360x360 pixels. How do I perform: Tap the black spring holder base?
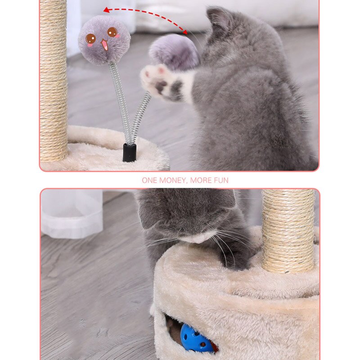[130, 153]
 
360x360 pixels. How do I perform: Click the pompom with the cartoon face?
[104, 40]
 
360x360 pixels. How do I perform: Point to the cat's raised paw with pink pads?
[156, 78]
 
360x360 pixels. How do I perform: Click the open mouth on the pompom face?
[104, 45]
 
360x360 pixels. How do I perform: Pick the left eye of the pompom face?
[91, 39]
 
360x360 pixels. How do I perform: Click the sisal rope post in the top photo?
[53, 81]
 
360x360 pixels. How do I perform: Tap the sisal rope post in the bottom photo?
[288, 229]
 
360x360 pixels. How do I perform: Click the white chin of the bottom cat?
[198, 237]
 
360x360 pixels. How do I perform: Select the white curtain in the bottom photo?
[72, 214]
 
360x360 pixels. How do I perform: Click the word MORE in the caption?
[200, 180]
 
